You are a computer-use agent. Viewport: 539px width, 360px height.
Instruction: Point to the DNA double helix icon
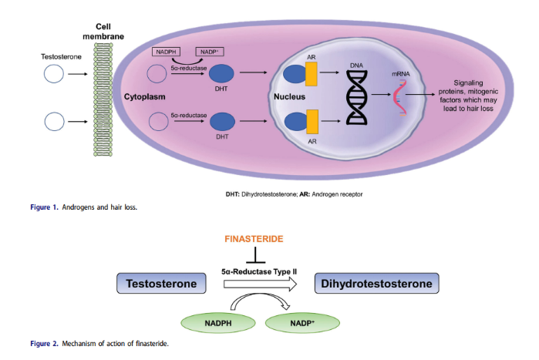coord(356,97)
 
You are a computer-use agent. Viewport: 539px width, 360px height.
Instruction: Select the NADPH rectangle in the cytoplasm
coord(167,52)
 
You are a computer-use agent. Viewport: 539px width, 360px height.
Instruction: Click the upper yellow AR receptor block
coord(312,74)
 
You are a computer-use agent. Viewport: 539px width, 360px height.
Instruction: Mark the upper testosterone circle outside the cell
coord(54,74)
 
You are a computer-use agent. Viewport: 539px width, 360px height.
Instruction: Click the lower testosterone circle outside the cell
coord(54,122)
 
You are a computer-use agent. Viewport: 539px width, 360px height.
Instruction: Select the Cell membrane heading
coord(103,30)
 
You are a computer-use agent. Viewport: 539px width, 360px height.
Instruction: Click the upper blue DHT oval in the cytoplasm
coord(223,74)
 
